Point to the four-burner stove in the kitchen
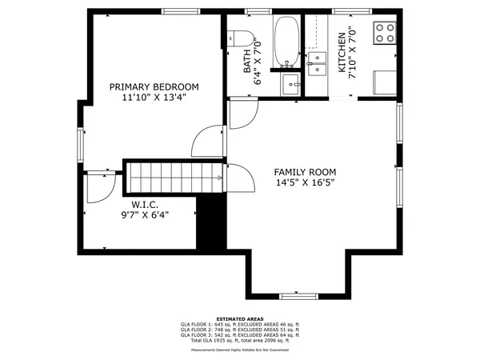click(385, 32)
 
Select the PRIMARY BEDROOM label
click(154, 86)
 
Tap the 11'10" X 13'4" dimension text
click(154, 98)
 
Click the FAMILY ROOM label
click(305, 172)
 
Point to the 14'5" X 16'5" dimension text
click(305, 182)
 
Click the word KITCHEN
click(342, 53)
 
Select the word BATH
click(247, 61)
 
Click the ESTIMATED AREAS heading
click(240, 318)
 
